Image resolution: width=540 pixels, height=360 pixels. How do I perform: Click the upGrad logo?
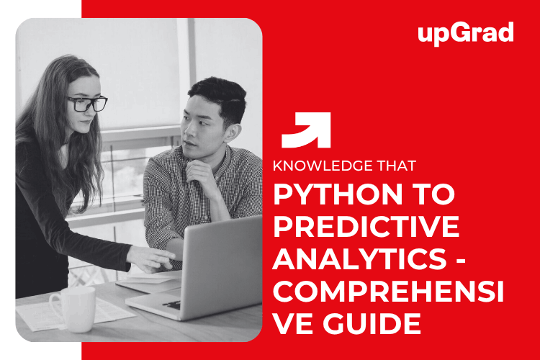point(466,33)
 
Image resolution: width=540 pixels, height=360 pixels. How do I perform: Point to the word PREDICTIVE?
point(366,226)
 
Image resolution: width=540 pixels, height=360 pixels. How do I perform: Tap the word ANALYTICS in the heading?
point(360,258)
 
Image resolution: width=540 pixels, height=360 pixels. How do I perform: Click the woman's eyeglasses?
point(88,104)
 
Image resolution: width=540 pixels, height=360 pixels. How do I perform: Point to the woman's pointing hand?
point(151,258)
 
